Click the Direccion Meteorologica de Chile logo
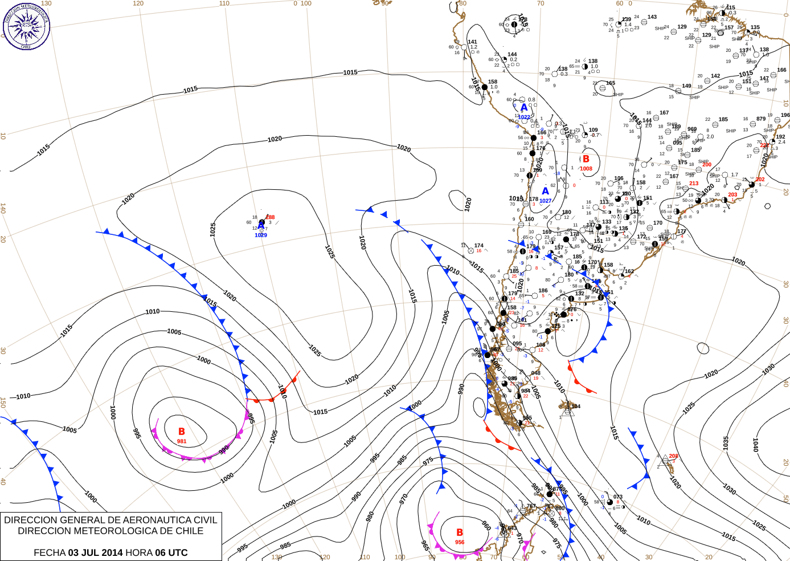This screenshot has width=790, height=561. [26, 26]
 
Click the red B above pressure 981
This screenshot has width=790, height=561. [182, 432]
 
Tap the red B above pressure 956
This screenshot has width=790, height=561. [460, 532]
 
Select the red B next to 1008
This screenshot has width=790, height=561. [586, 159]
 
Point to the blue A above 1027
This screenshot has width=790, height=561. [545, 191]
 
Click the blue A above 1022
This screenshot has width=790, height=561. [524, 108]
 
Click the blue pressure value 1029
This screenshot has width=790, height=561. [261, 235]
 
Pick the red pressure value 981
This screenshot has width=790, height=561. [182, 441]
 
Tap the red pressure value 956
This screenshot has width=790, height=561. [460, 542]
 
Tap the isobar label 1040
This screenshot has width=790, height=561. [755, 445]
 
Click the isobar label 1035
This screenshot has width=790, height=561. [726, 443]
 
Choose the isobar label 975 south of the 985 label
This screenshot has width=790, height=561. [428, 461]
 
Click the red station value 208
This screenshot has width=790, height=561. [674, 456]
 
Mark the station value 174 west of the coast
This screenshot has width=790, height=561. [478, 246]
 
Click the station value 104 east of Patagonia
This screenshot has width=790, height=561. [576, 406]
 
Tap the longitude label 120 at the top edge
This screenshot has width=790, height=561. [138, 3]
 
